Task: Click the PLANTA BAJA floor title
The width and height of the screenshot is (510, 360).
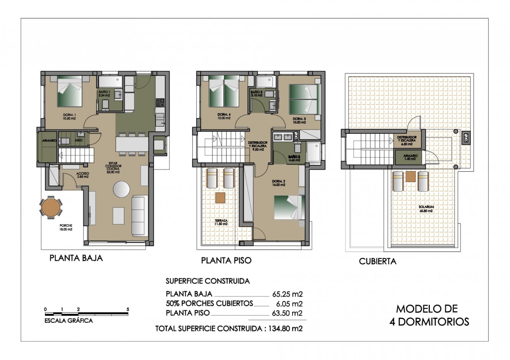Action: (x=76, y=258)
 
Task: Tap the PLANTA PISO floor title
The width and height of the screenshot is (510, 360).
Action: (x=226, y=261)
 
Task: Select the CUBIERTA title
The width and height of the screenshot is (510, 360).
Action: (x=377, y=261)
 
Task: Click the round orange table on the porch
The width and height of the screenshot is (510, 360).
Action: (x=51, y=207)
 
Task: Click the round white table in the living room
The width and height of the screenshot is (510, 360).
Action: (x=121, y=189)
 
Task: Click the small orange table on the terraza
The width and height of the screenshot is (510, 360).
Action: (x=220, y=198)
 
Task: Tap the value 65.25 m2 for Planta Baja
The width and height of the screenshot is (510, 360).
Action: (x=287, y=294)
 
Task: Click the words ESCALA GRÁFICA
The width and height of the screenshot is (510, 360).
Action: (x=68, y=321)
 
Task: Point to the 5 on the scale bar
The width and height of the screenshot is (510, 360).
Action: (x=127, y=309)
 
